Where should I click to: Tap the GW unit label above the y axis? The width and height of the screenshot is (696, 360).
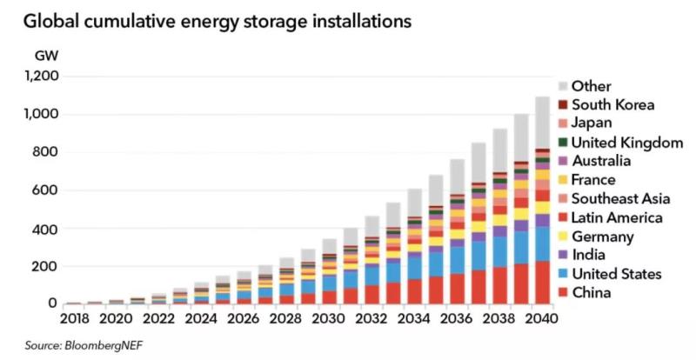[x=46, y=55]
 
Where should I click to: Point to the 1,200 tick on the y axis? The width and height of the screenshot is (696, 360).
[x=42, y=77]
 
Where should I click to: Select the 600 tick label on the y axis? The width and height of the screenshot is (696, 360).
[x=46, y=190]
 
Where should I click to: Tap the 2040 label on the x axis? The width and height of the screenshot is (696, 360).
[x=539, y=319]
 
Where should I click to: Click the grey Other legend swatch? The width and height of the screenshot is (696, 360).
[x=563, y=86]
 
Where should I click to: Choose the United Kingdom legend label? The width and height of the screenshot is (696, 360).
[x=627, y=143]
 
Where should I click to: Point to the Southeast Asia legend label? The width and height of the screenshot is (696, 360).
[x=620, y=199]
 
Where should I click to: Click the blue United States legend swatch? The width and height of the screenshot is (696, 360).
[x=563, y=274]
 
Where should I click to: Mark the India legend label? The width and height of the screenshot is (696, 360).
[x=589, y=256]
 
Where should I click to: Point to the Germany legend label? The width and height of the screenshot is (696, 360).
[x=604, y=237]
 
